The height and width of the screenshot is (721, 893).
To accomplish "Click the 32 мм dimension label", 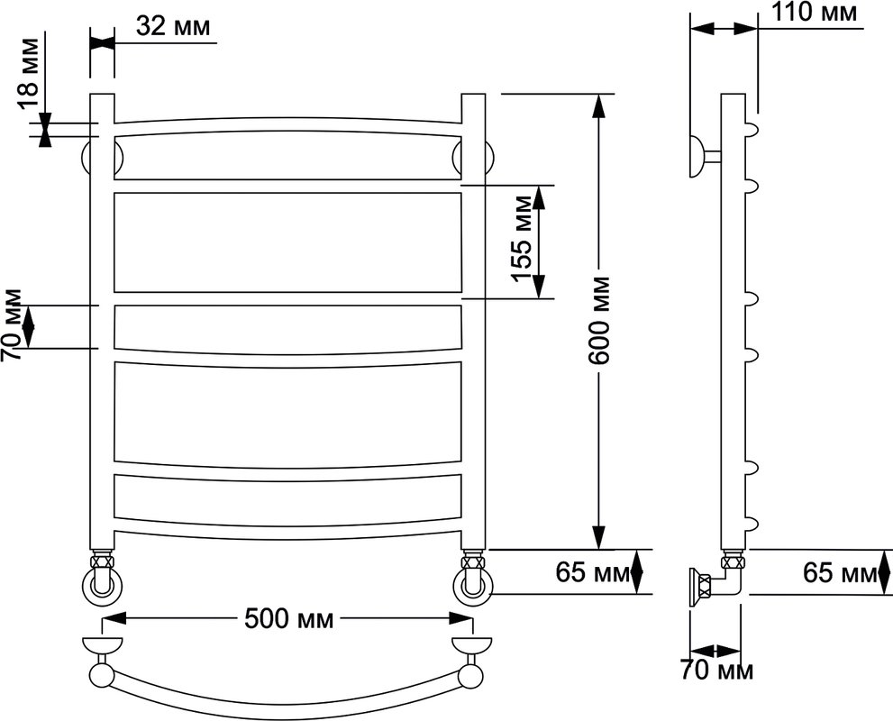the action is click(173, 25).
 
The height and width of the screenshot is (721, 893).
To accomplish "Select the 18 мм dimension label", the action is click(27, 74).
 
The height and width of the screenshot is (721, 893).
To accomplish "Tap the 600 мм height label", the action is click(599, 321).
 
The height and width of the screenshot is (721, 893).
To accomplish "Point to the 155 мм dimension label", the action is click(522, 239).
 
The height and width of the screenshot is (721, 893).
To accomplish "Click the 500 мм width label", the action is click(288, 618).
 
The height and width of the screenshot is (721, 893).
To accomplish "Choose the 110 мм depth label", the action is click(814, 13).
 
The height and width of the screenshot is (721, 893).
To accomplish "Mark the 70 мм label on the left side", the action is click(12, 325).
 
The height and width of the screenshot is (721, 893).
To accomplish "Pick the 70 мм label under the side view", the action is click(716, 671).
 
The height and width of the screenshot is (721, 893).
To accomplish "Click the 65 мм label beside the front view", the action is click(593, 572).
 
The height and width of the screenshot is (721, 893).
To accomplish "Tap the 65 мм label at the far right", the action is click(840, 572).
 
